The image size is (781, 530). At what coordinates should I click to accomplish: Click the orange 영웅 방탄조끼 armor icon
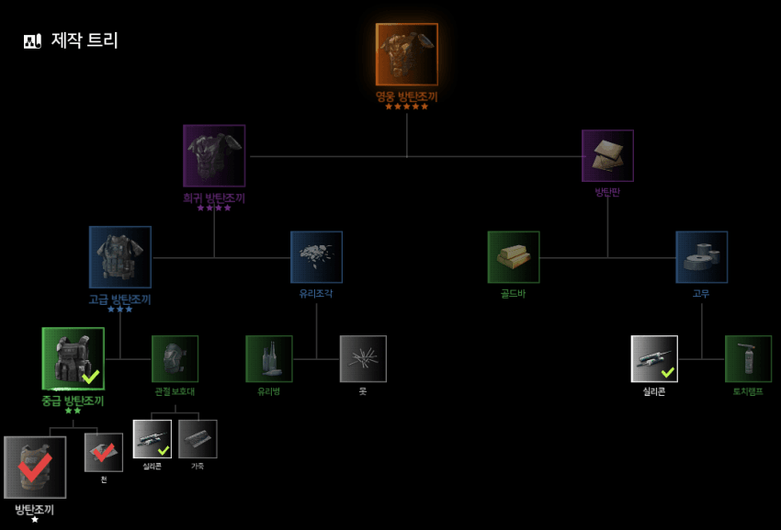[x=407, y=54]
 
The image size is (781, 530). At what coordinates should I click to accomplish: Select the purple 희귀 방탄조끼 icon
[x=214, y=156]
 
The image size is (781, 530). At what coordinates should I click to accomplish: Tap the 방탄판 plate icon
[x=607, y=155]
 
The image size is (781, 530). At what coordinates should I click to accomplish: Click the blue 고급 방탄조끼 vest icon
[x=120, y=257]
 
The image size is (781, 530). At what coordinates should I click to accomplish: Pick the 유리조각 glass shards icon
[x=316, y=257]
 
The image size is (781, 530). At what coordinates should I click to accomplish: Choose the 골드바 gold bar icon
[x=514, y=257]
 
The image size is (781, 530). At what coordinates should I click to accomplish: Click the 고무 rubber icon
[x=701, y=257]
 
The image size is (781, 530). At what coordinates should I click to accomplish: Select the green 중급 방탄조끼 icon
[x=74, y=358]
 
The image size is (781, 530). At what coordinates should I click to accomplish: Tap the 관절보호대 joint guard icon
[x=175, y=358]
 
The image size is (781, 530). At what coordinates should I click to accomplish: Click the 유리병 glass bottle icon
[x=269, y=358]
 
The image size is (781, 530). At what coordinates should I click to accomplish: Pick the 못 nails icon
[x=363, y=358]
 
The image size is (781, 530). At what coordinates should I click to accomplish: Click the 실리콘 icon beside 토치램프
[x=654, y=358]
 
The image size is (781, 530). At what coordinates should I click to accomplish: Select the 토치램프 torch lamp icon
[x=748, y=358]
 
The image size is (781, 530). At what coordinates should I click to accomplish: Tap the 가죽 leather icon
[x=198, y=439]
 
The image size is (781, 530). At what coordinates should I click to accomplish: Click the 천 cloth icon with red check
[x=104, y=452]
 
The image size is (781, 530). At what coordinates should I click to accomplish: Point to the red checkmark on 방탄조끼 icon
[x=35, y=466]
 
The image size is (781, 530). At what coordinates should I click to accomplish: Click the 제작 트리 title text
[x=85, y=40]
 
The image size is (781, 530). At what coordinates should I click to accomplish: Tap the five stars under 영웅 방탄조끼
[x=407, y=107]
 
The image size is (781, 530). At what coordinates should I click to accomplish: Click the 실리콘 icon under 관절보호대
[x=153, y=439]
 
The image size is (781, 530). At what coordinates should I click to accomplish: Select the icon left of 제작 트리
[x=32, y=41]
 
